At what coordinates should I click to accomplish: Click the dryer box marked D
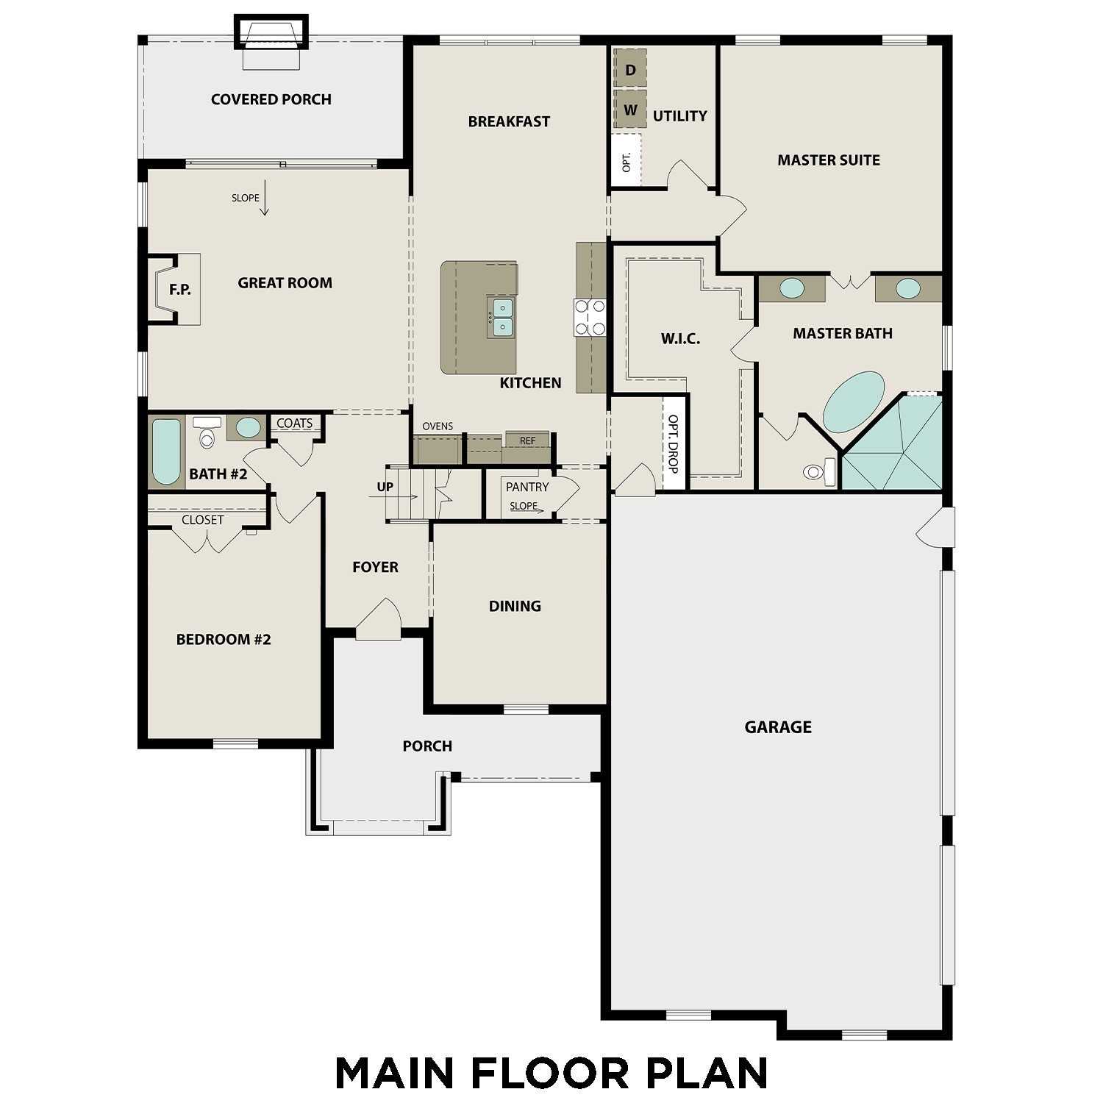pos(630,70)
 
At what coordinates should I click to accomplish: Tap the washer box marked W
pos(630,110)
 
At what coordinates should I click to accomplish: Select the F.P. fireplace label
pos(180,290)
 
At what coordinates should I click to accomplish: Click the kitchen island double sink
pos(502,317)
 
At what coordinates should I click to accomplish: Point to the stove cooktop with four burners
pos(590,318)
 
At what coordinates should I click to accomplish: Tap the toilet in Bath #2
pos(207,434)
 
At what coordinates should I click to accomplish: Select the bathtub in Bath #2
pos(167,451)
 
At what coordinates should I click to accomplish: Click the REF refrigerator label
pos(527,440)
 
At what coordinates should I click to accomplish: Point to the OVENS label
pos(438,426)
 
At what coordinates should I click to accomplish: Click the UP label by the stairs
pos(385,487)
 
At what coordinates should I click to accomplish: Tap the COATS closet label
pos(294,424)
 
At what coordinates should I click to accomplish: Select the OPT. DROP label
pos(673,443)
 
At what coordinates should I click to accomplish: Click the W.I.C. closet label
pos(680,339)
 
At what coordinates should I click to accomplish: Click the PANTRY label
pos(527,487)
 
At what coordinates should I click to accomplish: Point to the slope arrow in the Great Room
pos(264,199)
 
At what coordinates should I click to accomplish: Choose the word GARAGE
pos(778,727)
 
